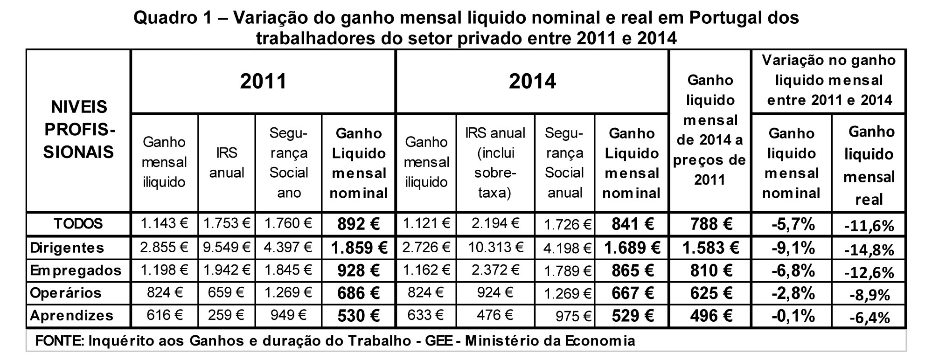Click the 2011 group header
263,82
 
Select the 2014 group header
532,82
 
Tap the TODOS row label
78,224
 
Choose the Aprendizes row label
72,316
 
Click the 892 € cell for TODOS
358,224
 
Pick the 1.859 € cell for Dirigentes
358,248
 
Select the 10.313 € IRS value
495,248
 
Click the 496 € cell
710,316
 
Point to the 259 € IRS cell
226,316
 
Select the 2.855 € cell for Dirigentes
164,248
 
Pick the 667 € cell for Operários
632,293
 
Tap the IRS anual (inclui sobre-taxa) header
495,162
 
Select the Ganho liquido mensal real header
869,166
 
